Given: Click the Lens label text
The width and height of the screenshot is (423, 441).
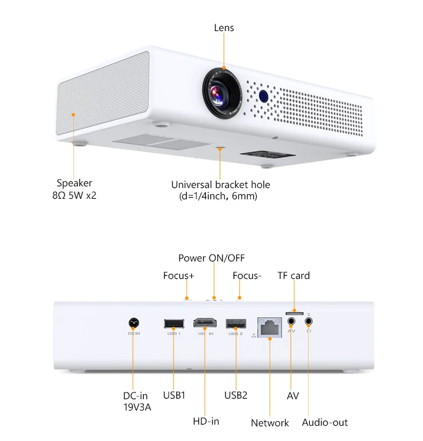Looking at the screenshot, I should [x=224, y=28].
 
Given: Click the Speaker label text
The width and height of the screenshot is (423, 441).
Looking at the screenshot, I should [x=74, y=183].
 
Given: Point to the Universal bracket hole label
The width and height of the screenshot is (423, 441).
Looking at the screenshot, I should [x=221, y=185].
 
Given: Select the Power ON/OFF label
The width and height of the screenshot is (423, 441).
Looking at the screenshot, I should [x=212, y=258].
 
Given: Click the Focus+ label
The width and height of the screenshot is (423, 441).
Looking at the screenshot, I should [x=179, y=276].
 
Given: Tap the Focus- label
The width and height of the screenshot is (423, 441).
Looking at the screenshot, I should [x=247, y=276].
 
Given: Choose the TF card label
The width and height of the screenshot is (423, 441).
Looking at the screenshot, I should [x=293, y=276].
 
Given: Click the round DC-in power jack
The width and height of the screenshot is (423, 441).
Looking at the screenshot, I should [x=134, y=323].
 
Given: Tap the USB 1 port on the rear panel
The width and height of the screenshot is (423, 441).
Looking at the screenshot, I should [x=174, y=324].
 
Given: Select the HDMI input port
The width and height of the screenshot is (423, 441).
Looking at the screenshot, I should [x=205, y=324].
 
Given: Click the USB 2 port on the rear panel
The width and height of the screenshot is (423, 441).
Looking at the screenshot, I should [x=236, y=324].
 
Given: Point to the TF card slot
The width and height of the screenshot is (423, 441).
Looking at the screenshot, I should [x=294, y=312].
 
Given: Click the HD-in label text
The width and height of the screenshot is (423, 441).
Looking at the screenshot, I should [x=206, y=421].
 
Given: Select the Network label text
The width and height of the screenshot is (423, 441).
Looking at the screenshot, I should [x=270, y=423].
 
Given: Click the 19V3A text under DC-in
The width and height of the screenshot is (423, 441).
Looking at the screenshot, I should [x=137, y=407].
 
